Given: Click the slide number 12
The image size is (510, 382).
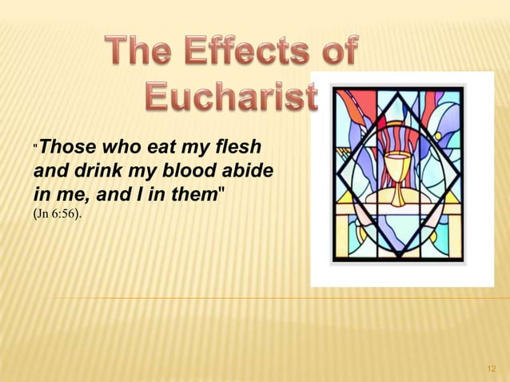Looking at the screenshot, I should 490,368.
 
